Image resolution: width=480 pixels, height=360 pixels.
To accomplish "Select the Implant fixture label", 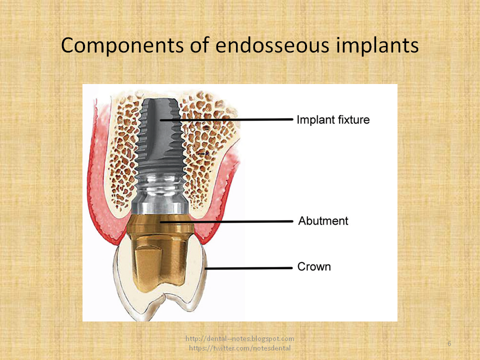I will pyautogui.click(x=333, y=120).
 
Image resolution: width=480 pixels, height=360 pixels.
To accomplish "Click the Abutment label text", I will pyautogui.click(x=323, y=220).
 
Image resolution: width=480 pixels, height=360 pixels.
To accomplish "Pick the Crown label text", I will pyautogui.click(x=314, y=266).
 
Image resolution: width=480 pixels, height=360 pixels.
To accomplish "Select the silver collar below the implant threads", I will pyautogui.click(x=160, y=195).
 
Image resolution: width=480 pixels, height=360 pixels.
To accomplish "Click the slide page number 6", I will pyautogui.click(x=449, y=343).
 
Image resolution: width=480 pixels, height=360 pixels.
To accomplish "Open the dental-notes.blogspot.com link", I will pyautogui.click(x=240, y=338).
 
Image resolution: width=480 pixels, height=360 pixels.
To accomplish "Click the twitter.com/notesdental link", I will pyautogui.click(x=239, y=347).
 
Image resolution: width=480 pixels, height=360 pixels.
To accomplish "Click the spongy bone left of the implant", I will pyautogui.click(x=125, y=150).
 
